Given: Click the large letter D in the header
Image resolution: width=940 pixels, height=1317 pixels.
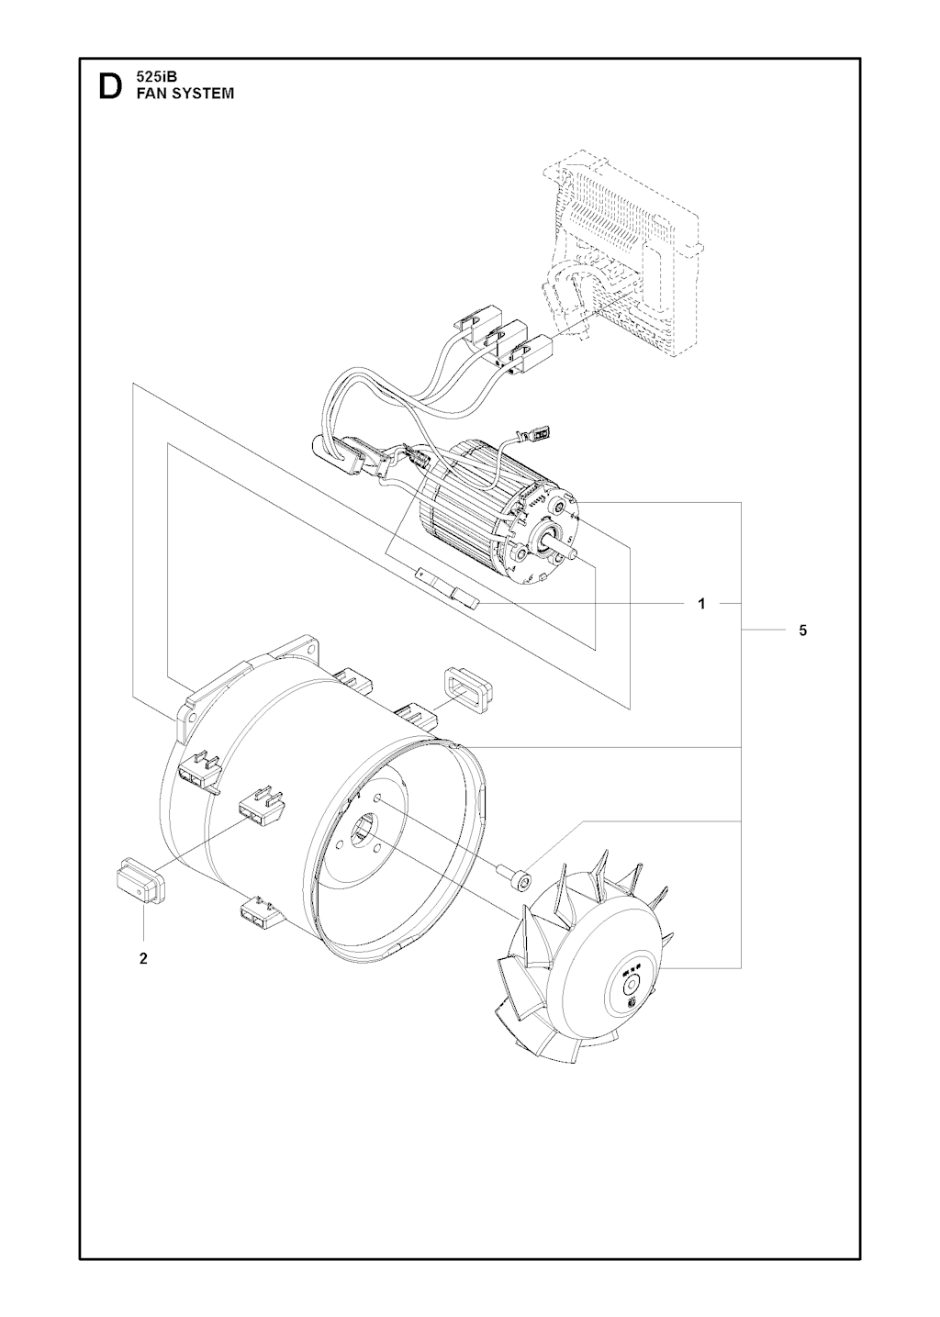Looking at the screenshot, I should (108, 87).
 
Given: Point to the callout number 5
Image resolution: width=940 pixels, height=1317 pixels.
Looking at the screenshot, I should (802, 631).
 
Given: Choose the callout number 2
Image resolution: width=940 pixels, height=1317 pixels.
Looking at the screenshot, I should (143, 959).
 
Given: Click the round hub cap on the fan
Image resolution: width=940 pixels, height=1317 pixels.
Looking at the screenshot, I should (631, 988).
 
